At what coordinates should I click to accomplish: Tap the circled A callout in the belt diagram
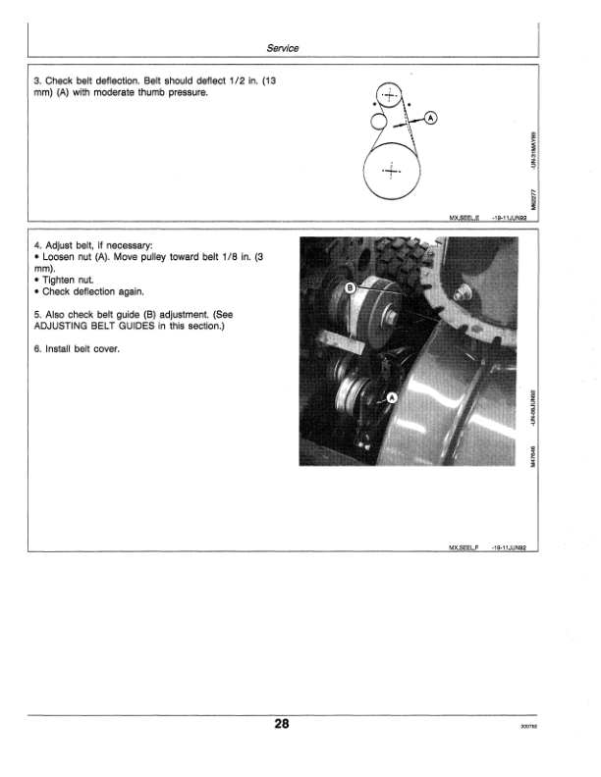pyautogui.click(x=430, y=119)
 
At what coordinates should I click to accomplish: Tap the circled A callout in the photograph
pyautogui.click(x=392, y=397)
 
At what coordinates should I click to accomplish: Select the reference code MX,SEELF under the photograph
pyautogui.click(x=462, y=550)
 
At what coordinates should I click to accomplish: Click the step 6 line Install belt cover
pyautogui.click(x=78, y=350)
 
